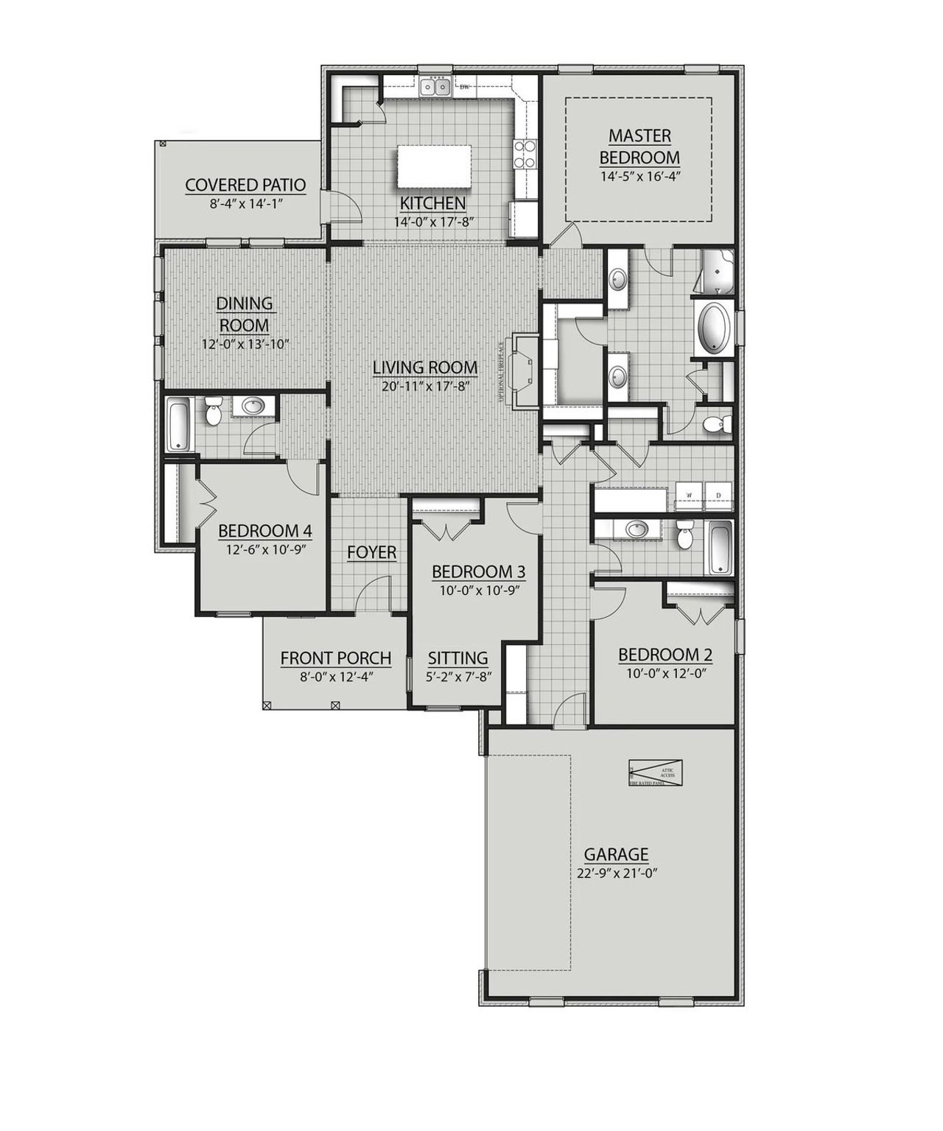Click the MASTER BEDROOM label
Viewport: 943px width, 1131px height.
point(639,147)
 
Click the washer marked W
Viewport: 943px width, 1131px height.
point(690,496)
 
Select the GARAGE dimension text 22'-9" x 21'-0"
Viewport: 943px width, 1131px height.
point(617,873)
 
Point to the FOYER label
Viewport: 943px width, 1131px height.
point(372,552)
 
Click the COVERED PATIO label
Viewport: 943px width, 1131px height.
point(245,185)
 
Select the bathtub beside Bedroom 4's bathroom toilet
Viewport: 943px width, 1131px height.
point(178,425)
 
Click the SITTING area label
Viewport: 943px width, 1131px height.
point(458,658)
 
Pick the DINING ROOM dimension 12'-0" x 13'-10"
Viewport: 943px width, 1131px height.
point(245,344)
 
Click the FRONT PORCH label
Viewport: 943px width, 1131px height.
point(335,658)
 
